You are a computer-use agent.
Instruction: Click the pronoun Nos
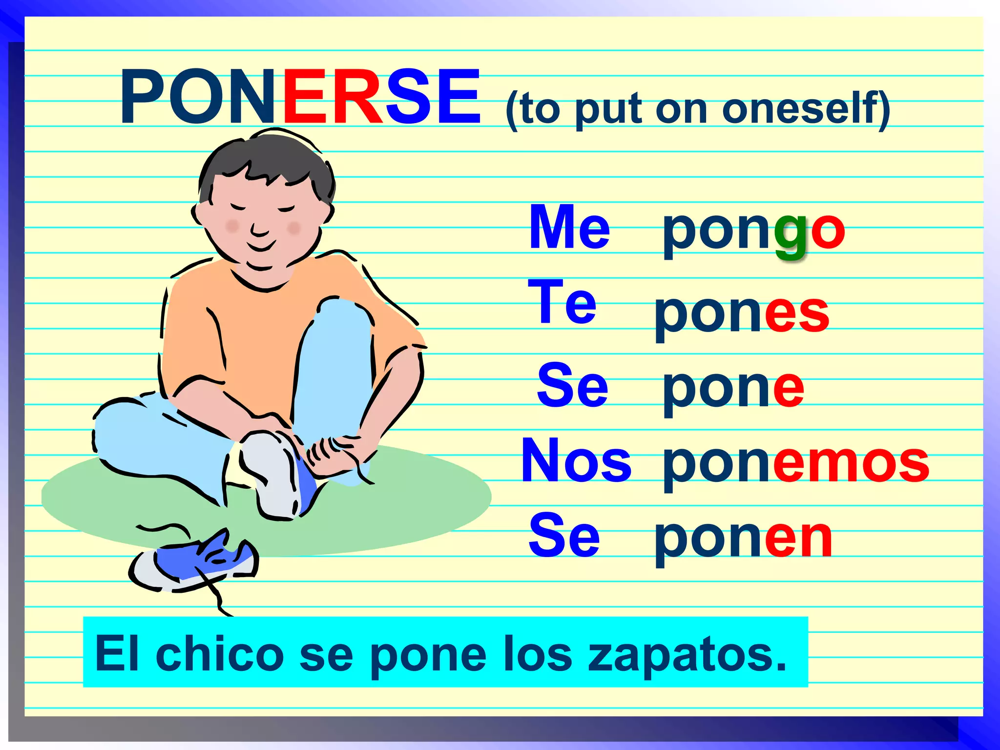click(x=576, y=460)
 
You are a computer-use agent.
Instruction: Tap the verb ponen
click(x=743, y=539)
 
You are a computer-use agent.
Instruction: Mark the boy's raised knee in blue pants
click(x=342, y=317)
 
